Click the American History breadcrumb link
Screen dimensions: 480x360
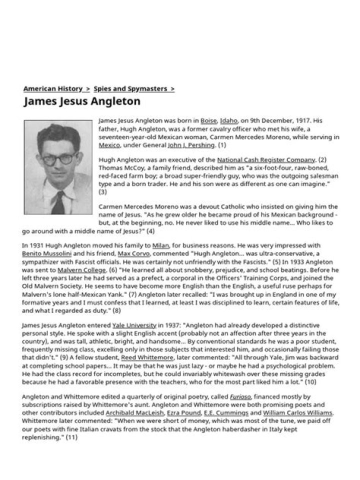[53, 88]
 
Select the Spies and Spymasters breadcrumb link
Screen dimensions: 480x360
[130, 88]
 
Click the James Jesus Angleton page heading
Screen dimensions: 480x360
[82, 101]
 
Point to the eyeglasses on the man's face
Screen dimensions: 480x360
[59, 159]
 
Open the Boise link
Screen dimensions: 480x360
[208, 120]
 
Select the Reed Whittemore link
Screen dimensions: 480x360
[143, 357]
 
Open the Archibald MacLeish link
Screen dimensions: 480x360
[134, 413]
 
